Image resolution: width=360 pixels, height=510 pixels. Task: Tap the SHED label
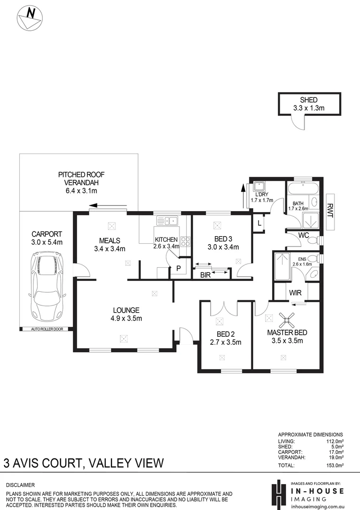pos(309,100)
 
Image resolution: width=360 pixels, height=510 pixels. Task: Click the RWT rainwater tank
pos(330,208)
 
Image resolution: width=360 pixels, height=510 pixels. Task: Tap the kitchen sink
pos(167,220)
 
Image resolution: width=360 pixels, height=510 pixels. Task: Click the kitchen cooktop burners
pos(185,241)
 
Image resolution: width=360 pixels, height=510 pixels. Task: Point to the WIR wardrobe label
pos(295,293)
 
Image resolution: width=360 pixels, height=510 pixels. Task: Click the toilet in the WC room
pos(312,240)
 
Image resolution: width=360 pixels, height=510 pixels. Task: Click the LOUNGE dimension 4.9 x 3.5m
pos(126,318)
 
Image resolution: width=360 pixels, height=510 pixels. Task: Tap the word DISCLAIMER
pos(21,485)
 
